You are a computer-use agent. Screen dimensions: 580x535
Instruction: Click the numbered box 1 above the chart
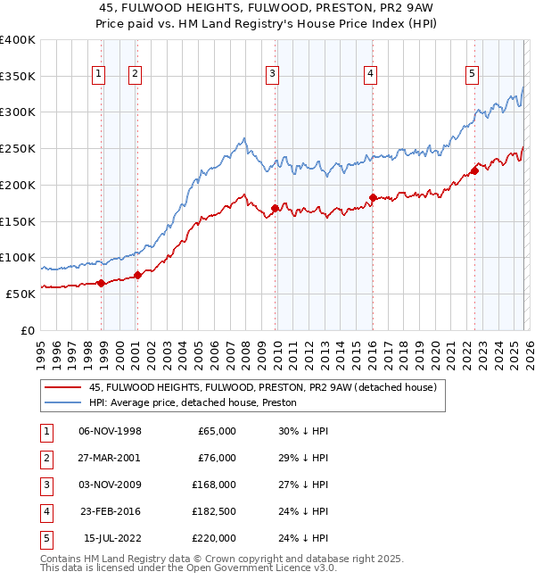coord(97,75)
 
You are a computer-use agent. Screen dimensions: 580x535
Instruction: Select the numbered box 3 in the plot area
coord(272,75)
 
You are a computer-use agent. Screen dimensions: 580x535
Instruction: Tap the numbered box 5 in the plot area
coord(471,75)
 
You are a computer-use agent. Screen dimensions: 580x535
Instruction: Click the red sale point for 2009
coord(275,208)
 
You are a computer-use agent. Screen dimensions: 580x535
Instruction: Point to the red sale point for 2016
coord(374,198)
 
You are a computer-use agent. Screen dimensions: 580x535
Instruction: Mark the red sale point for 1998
coord(102,283)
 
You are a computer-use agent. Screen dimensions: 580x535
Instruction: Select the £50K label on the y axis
coord(21,294)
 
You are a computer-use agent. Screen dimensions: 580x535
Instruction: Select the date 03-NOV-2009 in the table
coord(110,485)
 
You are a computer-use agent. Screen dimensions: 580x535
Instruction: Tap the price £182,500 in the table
coord(214,511)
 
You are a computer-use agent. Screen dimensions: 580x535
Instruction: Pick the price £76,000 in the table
coord(217,458)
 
